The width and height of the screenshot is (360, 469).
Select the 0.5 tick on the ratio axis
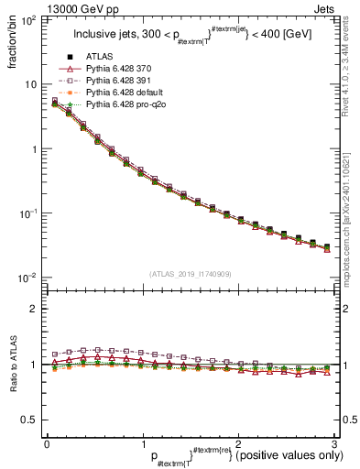point(29,420)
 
